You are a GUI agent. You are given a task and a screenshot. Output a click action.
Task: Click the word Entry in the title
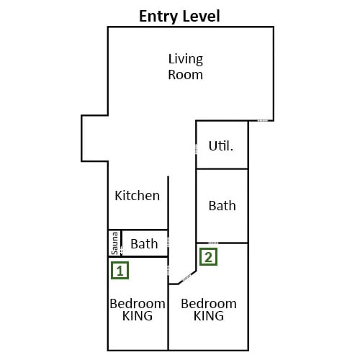point(158,17)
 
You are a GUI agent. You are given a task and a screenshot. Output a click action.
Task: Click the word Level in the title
point(201,16)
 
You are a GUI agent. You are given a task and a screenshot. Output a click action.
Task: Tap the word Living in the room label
point(186,59)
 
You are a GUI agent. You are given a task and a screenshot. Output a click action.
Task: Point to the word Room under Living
point(185,75)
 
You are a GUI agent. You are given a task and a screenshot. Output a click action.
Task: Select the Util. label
point(221,145)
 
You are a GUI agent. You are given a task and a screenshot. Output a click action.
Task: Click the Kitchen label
point(138,195)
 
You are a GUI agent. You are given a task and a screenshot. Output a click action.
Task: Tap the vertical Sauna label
point(114,243)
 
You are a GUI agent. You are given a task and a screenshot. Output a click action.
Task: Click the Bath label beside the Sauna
point(144,244)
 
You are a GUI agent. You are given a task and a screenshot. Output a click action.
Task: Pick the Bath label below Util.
point(222,206)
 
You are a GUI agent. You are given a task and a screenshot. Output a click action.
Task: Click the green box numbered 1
point(120,271)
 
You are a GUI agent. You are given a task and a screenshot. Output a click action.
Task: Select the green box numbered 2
point(208,257)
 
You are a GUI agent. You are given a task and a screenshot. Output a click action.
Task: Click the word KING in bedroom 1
point(138,315)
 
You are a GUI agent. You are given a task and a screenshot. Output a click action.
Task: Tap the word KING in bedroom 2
point(209,315)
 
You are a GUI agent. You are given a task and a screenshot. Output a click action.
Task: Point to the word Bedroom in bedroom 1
point(138,304)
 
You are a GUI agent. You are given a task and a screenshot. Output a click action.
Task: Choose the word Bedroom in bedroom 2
point(209,304)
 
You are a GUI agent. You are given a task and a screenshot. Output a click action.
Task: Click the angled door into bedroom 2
point(186,277)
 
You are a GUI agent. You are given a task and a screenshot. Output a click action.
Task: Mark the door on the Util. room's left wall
point(196,149)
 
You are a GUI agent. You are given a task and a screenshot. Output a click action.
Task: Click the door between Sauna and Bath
point(121,251)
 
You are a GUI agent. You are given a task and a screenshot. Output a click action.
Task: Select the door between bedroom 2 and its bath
point(213,243)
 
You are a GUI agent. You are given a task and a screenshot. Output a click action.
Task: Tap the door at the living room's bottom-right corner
point(263,120)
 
